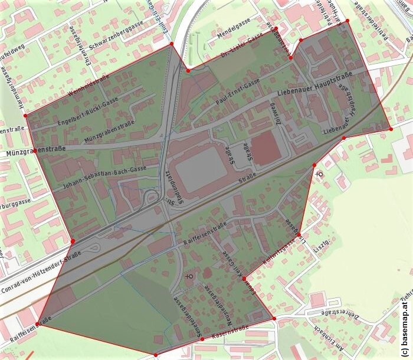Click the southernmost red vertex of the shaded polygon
155,355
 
